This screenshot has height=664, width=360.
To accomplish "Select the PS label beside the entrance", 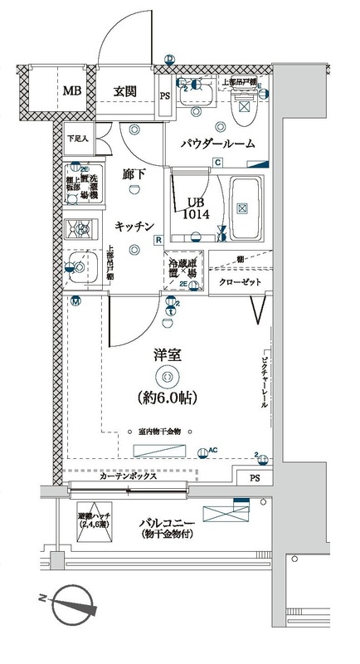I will pyautogui.click(x=165, y=96).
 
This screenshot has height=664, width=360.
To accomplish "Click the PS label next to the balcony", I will pyautogui.click(x=254, y=478).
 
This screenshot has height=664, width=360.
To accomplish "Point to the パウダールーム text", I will pyautogui.click(x=218, y=144).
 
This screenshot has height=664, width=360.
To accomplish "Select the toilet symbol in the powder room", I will pyautogui.click(x=246, y=102).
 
